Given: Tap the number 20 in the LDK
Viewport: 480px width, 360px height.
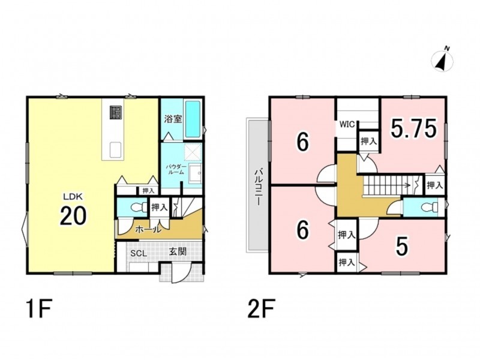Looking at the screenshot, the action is pos(73,215).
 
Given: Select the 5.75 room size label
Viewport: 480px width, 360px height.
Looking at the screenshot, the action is pos(413,128).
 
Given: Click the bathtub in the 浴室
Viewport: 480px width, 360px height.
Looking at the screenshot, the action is pos(193,119).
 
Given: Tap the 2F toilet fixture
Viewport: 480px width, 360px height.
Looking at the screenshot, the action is pos(428,208).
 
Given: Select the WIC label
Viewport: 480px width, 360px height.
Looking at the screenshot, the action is pos(347,125).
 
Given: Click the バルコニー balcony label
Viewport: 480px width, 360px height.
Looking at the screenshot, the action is pos(258,187).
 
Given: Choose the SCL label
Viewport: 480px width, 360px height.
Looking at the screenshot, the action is pos(139,253).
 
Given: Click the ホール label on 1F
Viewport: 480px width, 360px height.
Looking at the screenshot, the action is pos(148,229).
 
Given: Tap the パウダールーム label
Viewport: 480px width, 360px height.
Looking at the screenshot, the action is pos(176,169).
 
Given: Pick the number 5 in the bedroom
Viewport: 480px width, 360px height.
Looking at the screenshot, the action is pos(402,247).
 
